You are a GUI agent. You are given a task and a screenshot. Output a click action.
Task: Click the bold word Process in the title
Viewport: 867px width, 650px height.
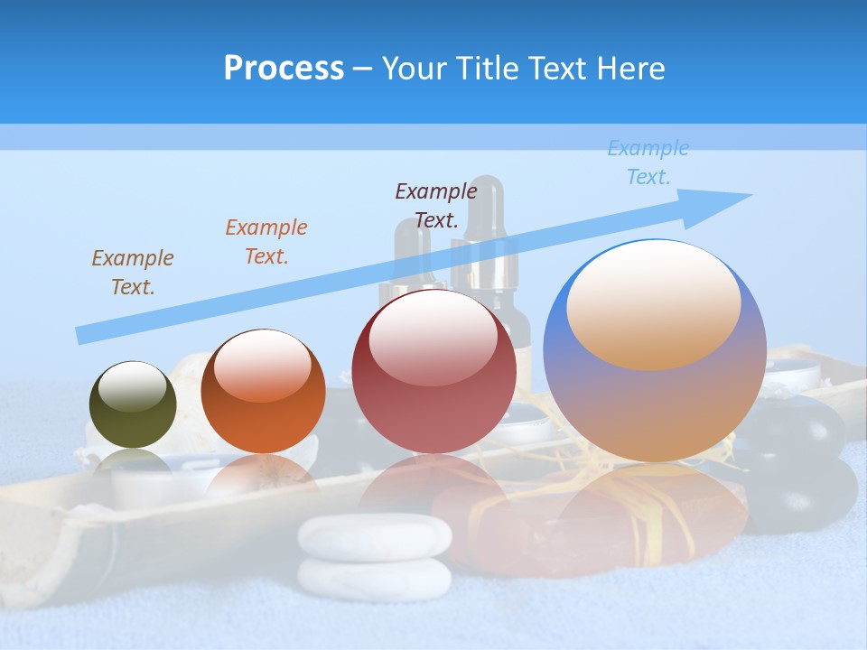tap(284, 69)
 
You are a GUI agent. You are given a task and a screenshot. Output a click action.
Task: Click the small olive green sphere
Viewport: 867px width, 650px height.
tap(133, 405)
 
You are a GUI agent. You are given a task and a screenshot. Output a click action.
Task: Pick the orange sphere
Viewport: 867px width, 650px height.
tap(263, 392)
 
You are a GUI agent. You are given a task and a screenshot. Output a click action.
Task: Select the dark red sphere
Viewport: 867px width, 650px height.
tap(433, 371)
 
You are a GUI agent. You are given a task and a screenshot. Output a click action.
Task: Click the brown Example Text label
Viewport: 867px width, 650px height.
tap(133, 273)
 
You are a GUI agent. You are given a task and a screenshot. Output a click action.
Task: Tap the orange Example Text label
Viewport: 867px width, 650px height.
tap(266, 242)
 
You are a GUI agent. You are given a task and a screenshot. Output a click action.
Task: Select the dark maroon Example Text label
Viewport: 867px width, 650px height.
tap(436, 205)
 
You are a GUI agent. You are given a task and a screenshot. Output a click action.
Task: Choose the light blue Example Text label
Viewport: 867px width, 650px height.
tap(648, 162)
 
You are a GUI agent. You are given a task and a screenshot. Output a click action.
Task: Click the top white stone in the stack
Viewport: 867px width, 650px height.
tap(375, 536)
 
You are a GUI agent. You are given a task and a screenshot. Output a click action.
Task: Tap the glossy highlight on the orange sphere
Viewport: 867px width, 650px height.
tap(263, 366)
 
